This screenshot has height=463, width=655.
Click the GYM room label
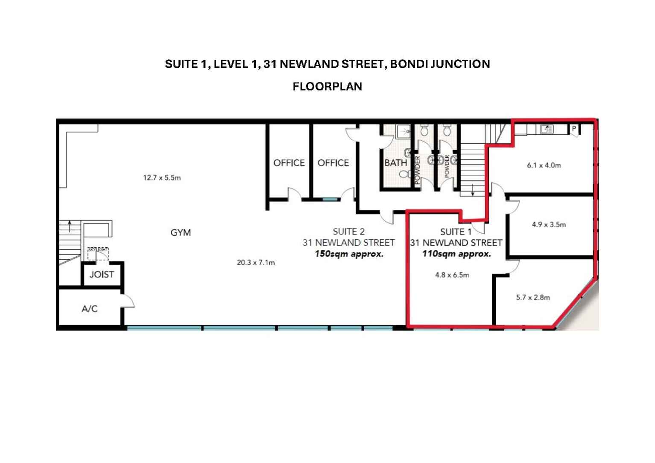(181, 233)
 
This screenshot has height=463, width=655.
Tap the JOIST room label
(102, 275)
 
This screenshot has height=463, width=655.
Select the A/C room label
(90, 309)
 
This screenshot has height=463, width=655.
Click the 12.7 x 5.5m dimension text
(162, 178)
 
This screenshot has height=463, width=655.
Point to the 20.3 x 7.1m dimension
(256, 263)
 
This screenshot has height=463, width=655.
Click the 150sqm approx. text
(349, 254)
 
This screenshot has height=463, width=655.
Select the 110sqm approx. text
(456, 254)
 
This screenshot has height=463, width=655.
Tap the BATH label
(395, 163)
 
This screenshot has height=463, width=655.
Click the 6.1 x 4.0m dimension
(544, 165)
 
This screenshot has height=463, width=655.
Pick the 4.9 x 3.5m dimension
(549, 225)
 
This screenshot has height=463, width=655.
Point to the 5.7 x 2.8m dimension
(533, 298)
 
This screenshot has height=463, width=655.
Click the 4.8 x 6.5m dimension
(452, 275)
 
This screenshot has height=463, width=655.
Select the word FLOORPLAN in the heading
(327, 87)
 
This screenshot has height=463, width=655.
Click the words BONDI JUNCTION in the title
(440, 64)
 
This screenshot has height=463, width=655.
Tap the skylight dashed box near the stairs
(98, 254)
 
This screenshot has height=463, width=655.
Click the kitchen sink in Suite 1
(546, 129)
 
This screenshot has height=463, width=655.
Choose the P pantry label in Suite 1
(574, 128)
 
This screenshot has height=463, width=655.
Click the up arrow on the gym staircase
(70, 225)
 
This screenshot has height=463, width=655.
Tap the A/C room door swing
(129, 301)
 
